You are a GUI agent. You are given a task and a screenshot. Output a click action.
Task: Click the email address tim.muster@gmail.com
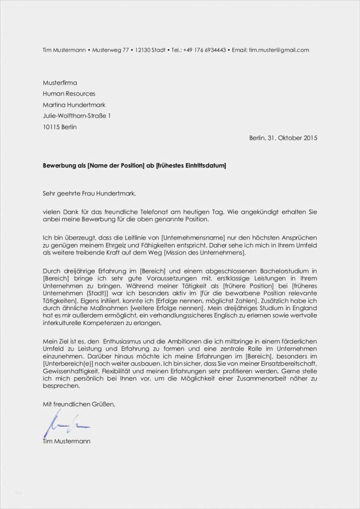pos(279,50)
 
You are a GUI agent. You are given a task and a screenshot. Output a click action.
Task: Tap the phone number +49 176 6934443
pos(204,50)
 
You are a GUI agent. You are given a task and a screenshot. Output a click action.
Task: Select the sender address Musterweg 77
pos(109,50)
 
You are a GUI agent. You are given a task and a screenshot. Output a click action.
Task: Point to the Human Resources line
pos(69,94)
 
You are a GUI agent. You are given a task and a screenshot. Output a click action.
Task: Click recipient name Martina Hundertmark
pos(74,105)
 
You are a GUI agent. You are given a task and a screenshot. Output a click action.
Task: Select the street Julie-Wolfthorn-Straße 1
pos(77,116)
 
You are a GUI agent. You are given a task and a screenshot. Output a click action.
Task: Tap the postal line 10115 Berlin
pos(60,127)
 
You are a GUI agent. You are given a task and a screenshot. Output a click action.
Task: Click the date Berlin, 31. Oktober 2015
pos(283,138)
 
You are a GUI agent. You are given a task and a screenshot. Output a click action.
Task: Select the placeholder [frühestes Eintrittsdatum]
pos(191,165)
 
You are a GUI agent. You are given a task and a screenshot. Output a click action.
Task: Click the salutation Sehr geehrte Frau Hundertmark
pos(89,193)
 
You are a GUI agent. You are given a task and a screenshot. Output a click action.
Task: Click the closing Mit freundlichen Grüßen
pos(79,404)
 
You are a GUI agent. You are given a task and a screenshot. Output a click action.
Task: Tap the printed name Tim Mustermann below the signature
pos(67,441)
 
